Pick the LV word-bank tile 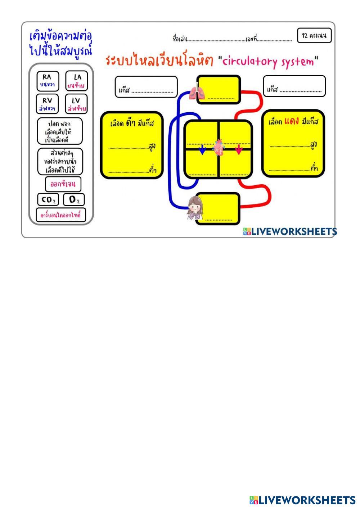tap(76, 104)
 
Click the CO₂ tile tap(48, 199)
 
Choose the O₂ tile tap(74, 199)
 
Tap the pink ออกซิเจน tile tap(63, 184)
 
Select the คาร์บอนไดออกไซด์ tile tap(60, 215)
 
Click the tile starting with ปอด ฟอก tap(60, 131)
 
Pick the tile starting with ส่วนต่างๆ tap(60, 162)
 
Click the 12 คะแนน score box tap(314, 36)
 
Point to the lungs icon tap(197, 92)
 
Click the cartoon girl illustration tap(195, 208)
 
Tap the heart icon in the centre tap(219, 148)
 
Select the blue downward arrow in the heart tap(202, 149)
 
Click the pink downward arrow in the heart tap(239, 149)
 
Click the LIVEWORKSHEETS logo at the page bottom tap(302, 500)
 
